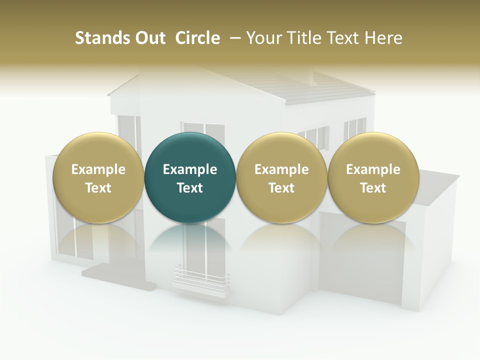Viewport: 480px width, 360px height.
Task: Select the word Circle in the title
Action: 197,38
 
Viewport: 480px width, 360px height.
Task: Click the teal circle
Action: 190,150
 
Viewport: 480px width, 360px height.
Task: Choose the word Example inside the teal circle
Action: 190,169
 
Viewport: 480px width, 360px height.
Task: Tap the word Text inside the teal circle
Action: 190,188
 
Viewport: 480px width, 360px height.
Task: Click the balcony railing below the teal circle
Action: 200,275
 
